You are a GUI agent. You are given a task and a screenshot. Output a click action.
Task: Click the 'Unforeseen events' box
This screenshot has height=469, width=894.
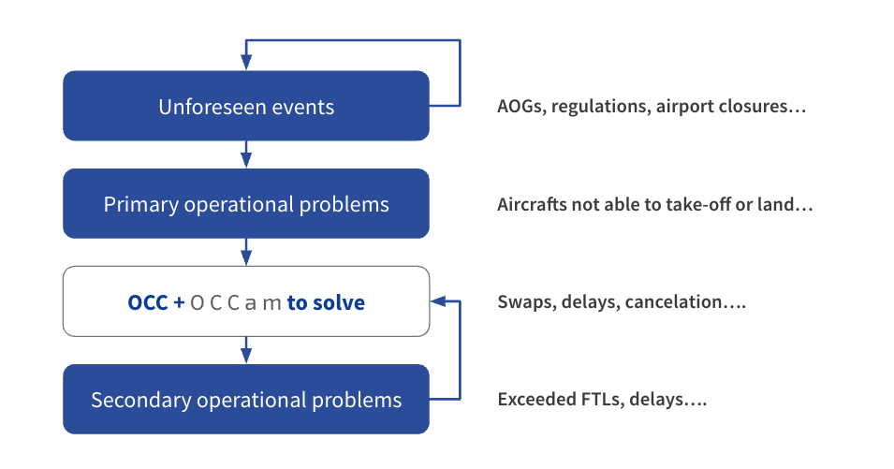tap(245, 107)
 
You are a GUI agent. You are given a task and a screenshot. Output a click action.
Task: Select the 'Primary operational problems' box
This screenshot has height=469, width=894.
tap(245, 204)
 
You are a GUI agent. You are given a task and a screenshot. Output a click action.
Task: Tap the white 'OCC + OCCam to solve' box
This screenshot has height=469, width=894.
tap(245, 302)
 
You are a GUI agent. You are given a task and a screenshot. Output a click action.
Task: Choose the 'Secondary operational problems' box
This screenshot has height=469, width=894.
tap(245, 400)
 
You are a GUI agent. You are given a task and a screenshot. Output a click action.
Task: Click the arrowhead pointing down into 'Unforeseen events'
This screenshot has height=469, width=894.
tap(246, 62)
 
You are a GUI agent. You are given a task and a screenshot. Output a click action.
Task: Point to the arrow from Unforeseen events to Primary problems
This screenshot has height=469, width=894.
tap(246, 154)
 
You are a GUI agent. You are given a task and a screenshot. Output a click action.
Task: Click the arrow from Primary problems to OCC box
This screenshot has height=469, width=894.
tap(246, 252)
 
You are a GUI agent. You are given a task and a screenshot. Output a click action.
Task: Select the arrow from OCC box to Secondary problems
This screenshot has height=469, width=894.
tap(246, 350)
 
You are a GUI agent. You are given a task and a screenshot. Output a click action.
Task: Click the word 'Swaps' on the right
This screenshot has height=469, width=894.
tap(525, 302)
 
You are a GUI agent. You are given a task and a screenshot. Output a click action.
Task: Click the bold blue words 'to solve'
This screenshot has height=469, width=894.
tap(326, 302)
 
